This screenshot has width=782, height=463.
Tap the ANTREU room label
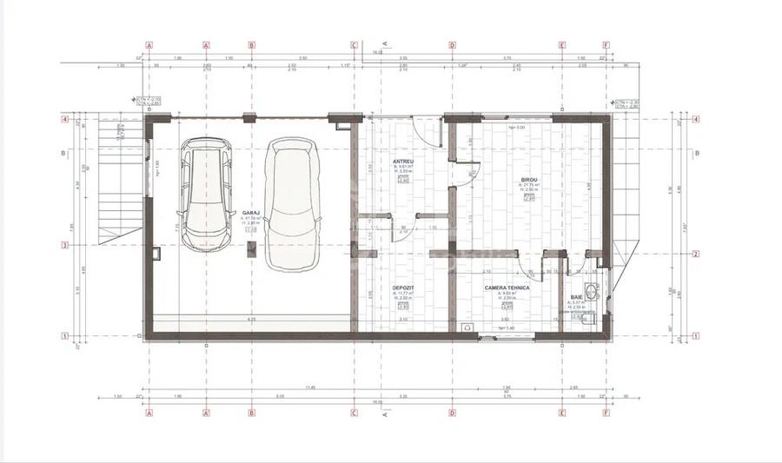(x=402, y=161)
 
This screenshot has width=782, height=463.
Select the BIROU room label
(x=528, y=179)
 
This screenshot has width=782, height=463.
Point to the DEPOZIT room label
(x=402, y=288)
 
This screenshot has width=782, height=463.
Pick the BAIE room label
(x=577, y=296)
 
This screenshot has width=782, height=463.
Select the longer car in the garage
(x=290, y=202)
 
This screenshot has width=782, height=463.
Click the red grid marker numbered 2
(x=696, y=255)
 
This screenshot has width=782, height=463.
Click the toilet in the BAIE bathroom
(x=589, y=321)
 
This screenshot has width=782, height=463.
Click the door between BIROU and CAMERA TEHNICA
(x=530, y=261)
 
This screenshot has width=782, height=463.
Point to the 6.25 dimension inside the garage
(x=251, y=320)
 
